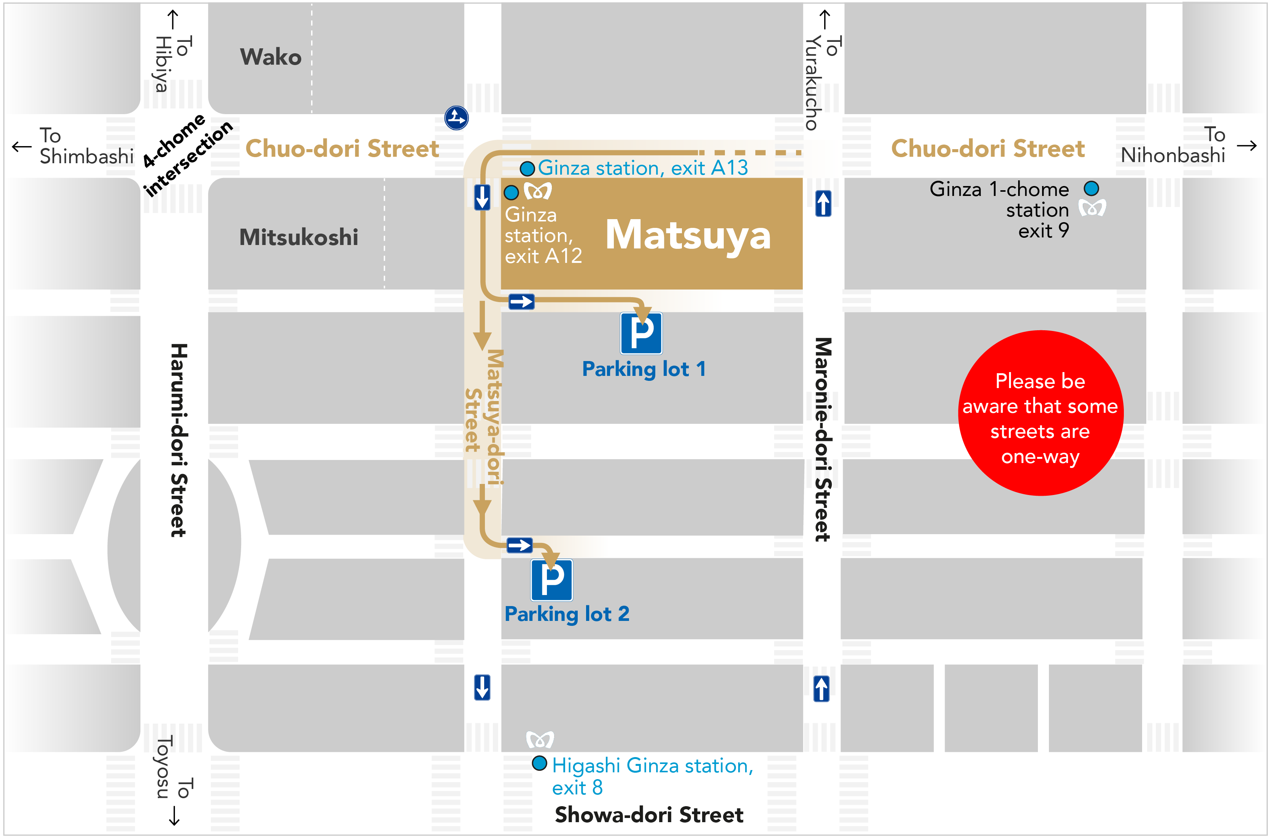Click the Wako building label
(x=270, y=57)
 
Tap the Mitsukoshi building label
(x=298, y=237)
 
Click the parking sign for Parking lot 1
(x=641, y=334)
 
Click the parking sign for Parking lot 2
(x=551, y=580)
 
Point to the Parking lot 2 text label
(x=567, y=614)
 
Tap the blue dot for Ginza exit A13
(x=527, y=169)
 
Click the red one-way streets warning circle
(x=1040, y=413)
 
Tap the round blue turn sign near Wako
(x=456, y=118)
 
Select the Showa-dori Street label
(x=648, y=815)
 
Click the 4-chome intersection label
(x=187, y=155)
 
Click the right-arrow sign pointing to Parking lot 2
(x=519, y=545)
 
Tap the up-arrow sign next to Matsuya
(x=823, y=204)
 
